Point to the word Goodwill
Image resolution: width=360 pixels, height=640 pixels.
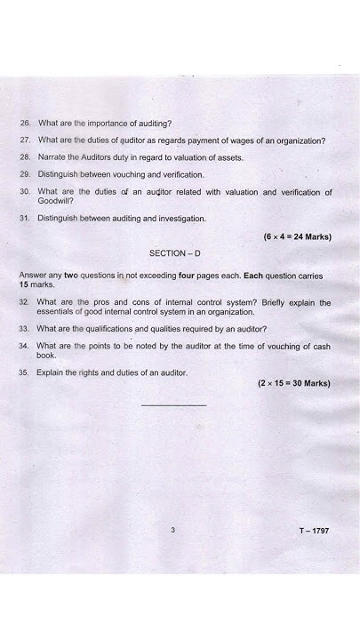pyautogui.click(x=55, y=201)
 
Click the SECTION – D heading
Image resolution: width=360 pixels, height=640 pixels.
pyautogui.click(x=174, y=253)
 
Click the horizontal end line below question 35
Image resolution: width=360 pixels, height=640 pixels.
pyautogui.click(x=173, y=405)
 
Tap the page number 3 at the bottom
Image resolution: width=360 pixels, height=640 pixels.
pyautogui.click(x=173, y=530)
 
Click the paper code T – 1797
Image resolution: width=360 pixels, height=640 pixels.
pyautogui.click(x=314, y=531)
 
